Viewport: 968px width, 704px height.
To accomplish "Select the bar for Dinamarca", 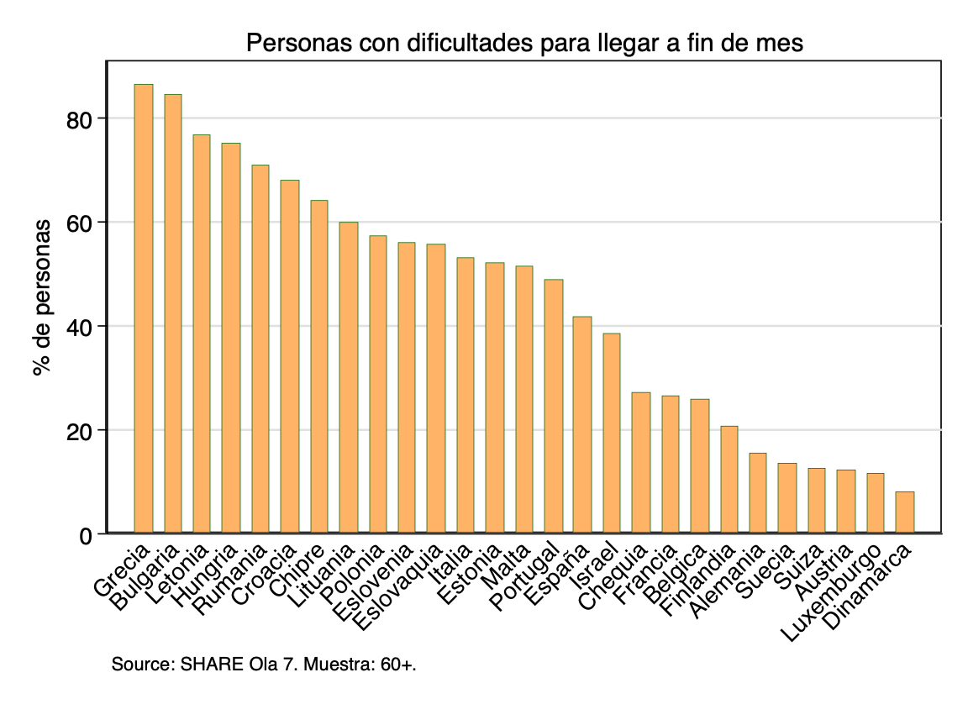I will point(904,512).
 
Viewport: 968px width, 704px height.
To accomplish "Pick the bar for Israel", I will point(612,433).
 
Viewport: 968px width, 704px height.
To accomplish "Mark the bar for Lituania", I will point(348,377).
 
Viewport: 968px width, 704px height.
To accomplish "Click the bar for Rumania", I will point(260,349).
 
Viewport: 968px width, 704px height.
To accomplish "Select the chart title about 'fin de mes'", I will point(524,43).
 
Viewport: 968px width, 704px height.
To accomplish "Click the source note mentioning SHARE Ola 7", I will point(264,665).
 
